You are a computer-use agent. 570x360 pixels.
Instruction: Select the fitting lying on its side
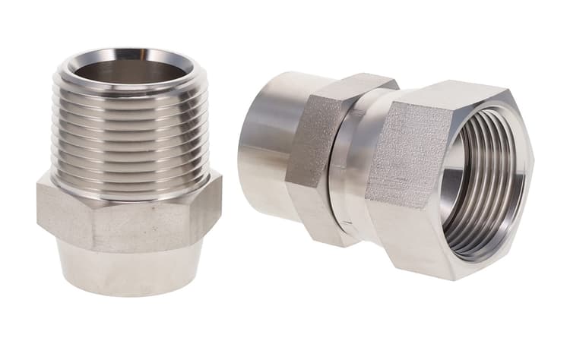click(388, 163)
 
